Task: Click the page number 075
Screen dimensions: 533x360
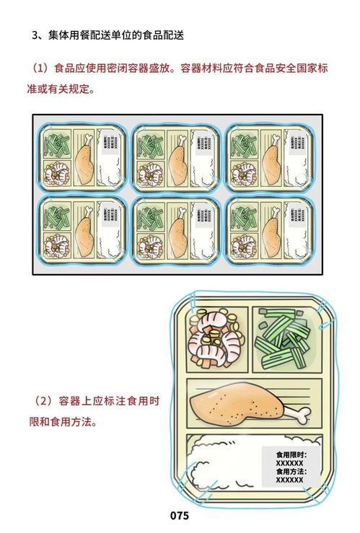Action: click(x=179, y=516)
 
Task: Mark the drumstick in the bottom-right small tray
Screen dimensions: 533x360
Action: click(x=271, y=232)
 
